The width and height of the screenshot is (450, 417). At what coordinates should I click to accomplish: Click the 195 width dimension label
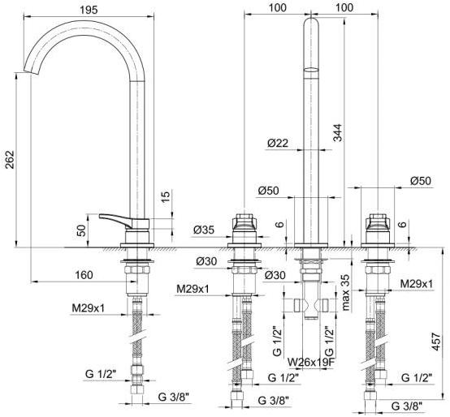click(x=89, y=10)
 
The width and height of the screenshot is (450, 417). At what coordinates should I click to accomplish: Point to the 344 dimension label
click(x=338, y=133)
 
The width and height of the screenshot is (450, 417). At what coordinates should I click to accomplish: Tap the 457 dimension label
click(x=436, y=342)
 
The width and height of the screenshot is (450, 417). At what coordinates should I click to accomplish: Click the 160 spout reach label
click(x=84, y=275)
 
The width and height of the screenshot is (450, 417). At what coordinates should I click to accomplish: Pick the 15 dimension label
click(x=166, y=197)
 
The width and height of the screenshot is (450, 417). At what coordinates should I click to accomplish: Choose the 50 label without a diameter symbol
click(x=82, y=230)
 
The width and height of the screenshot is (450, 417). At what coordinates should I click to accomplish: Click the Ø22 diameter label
click(x=278, y=143)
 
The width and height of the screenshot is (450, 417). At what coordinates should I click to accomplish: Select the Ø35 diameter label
click(x=204, y=230)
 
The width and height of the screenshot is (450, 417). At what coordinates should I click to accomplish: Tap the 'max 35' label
click(x=346, y=293)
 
